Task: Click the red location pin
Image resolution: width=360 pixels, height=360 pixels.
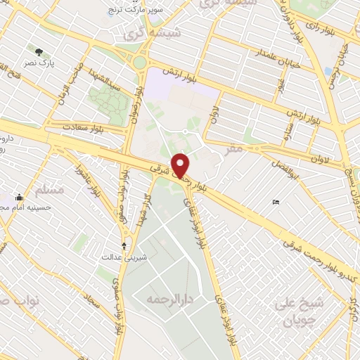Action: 181,165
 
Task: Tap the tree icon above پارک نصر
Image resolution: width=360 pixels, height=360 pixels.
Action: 39,51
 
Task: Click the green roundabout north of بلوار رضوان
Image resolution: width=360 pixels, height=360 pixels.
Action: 140,62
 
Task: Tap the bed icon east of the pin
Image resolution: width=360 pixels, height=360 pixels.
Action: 276,202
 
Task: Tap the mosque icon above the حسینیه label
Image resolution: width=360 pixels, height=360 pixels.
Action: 19,197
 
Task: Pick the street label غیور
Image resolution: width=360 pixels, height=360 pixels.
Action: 280,86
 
